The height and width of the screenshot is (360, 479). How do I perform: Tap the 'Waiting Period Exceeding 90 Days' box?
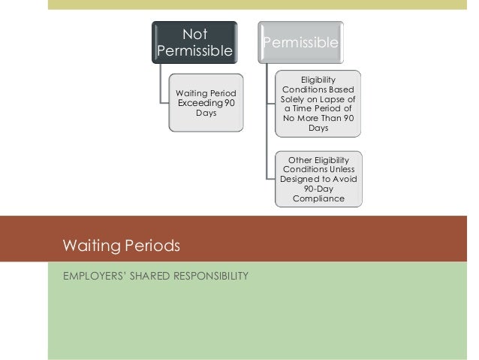pos(205,102)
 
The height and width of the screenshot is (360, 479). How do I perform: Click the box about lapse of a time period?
pos(318,104)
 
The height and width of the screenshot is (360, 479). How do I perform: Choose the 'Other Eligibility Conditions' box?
pos(318,179)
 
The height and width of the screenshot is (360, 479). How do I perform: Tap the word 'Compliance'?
pos(318,198)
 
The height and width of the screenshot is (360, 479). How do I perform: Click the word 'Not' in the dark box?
pos(195,34)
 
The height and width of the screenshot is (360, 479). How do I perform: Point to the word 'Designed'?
pos(300,179)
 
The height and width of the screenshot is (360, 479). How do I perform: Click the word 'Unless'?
pos(342,169)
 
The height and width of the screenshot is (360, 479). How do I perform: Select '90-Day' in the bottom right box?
pos(318,189)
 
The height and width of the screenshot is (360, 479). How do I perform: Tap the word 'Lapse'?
pos(334,98)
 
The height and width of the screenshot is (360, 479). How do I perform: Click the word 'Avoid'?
pos(343,179)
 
